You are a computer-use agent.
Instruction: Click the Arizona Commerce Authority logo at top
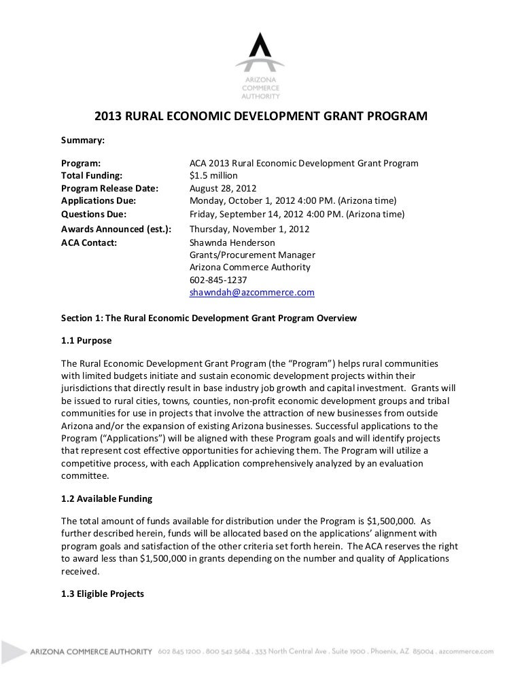(x=260, y=65)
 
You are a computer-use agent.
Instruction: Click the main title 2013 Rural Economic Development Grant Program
(x=260, y=115)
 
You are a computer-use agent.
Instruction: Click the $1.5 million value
(x=213, y=176)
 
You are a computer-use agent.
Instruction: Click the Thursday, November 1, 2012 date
(x=249, y=229)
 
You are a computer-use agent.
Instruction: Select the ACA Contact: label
(x=89, y=242)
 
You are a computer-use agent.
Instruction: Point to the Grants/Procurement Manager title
(x=251, y=255)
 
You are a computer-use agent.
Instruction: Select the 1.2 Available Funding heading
(x=107, y=498)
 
